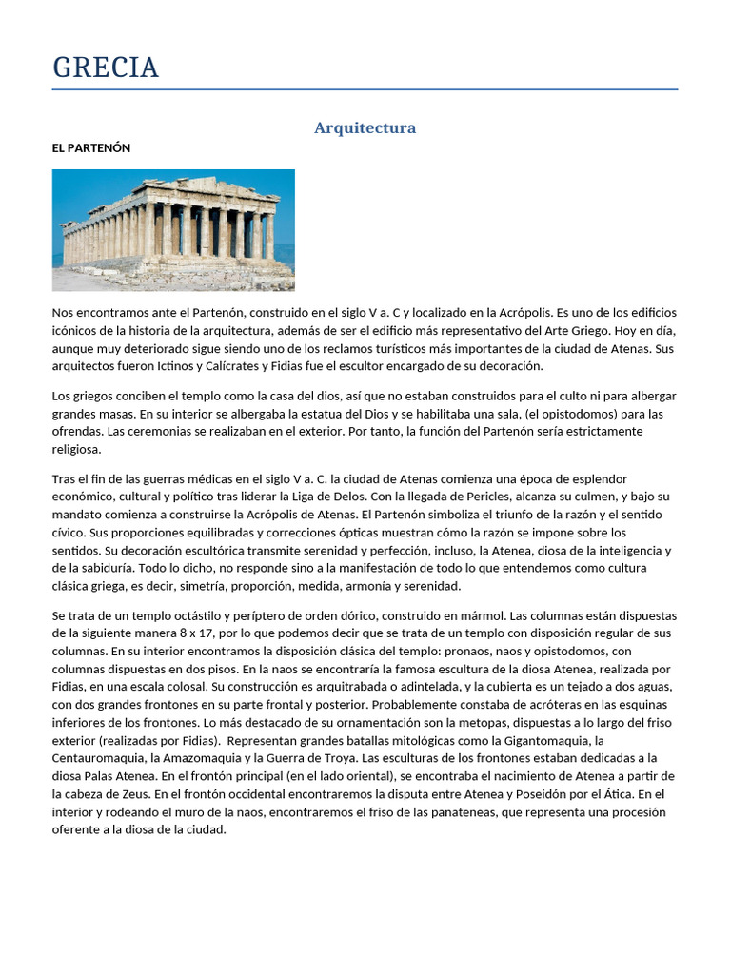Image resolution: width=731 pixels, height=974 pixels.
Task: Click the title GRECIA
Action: point(106,68)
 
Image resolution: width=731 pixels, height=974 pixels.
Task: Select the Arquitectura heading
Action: point(365,127)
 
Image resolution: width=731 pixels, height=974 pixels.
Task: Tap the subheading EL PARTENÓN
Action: point(91,148)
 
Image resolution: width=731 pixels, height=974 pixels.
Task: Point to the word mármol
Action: point(466,615)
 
